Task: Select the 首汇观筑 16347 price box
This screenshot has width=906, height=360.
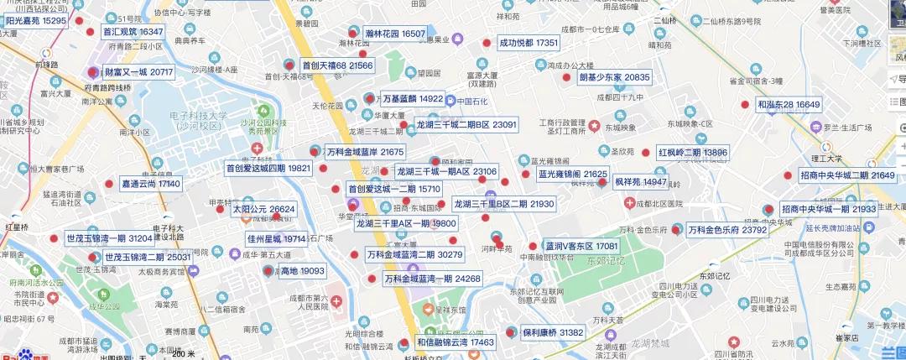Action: pos(133,32)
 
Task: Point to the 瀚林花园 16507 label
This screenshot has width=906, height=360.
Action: pos(396,34)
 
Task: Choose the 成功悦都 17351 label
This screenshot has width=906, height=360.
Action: pos(528,42)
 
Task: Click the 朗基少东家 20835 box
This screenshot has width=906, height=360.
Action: pos(614,77)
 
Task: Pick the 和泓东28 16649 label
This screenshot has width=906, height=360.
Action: pos(789,105)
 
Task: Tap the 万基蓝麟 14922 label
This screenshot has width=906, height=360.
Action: pos(412,98)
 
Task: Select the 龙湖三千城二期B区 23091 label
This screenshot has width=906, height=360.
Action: pos(466,124)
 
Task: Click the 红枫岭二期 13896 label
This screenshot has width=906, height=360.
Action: pos(692,153)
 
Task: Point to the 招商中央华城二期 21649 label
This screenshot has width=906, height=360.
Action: pos(847,175)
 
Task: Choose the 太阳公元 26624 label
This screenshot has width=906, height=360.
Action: pos(263,209)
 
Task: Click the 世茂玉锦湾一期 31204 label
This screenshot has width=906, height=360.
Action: pos(109,238)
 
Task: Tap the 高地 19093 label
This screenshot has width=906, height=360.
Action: pos(302,271)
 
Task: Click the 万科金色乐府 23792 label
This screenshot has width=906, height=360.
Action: pos(727,229)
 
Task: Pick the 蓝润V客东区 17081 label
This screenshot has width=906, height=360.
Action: pos(581,247)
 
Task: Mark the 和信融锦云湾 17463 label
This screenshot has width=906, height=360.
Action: pos(456,342)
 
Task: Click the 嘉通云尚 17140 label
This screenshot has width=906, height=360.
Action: pos(151,183)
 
